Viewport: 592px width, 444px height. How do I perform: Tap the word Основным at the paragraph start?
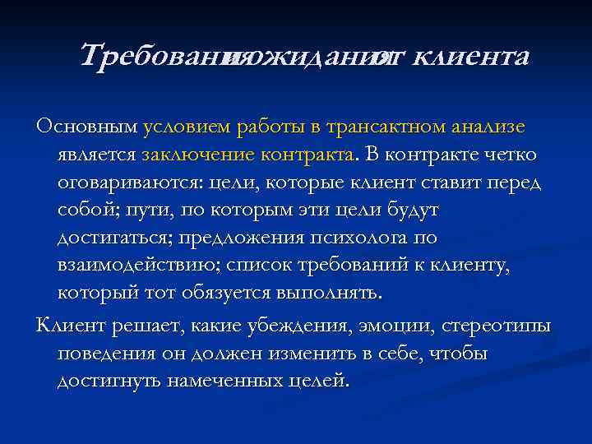[x=87, y=127]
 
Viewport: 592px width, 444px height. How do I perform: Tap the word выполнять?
[x=338, y=293]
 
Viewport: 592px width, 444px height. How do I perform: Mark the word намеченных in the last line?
[x=229, y=382]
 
